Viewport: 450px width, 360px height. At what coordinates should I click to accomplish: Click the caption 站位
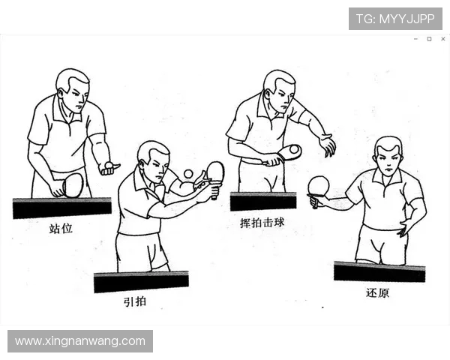[x=61, y=228]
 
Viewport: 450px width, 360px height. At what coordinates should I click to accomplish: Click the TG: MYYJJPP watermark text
[x=395, y=19]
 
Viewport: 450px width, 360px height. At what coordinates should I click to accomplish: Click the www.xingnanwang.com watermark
[x=80, y=341]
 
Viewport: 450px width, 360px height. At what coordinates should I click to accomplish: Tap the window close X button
[x=442, y=39]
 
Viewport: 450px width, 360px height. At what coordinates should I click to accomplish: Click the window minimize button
[x=415, y=39]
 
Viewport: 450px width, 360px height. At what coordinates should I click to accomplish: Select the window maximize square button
[x=429, y=39]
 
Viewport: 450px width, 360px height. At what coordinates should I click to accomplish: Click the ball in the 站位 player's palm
[x=109, y=164]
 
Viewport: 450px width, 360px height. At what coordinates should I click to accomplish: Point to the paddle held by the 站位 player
[x=72, y=184]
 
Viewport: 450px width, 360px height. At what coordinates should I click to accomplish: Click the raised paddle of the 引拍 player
[x=215, y=172]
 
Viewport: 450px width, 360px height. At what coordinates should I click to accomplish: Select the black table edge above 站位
[x=61, y=208]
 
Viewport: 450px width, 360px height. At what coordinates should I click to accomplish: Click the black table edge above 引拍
[x=141, y=282]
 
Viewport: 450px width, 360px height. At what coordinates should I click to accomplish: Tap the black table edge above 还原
[x=379, y=271]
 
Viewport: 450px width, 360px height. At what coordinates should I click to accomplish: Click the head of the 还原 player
[x=388, y=155]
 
